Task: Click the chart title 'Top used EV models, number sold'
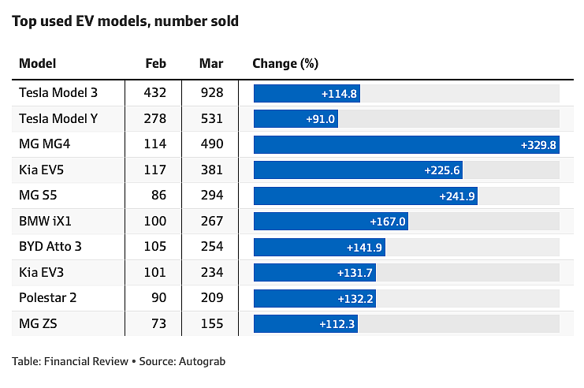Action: point(125,21)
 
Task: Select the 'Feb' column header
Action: point(156,63)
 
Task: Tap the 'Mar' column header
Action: point(211,63)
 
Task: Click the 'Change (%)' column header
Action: point(285,64)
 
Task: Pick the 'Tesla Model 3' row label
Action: point(58,92)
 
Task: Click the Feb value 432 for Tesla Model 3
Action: point(155,92)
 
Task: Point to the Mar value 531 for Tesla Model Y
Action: point(212,118)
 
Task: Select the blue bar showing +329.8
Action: point(407,144)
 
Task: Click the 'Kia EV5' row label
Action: point(41,170)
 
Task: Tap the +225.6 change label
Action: point(442,170)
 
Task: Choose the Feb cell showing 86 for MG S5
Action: point(158,195)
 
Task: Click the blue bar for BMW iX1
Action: point(331,222)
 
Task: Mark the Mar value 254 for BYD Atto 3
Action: point(212,246)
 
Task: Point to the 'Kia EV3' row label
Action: point(41,272)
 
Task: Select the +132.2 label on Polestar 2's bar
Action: point(355,299)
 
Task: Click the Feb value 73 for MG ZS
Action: point(158,323)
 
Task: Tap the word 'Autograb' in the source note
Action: point(203,361)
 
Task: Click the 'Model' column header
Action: point(38,63)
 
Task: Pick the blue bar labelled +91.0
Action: point(296,119)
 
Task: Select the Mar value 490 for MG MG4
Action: point(212,144)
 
